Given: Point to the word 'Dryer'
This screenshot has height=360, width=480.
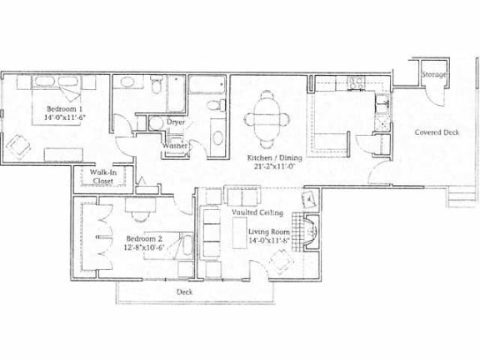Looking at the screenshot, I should pos(175,122).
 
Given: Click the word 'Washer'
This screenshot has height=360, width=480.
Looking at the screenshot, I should pos(174,146).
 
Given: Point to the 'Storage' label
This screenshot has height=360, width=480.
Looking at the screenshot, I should pos(433,75).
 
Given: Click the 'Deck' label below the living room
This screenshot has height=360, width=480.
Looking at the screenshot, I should pos(186,292).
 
